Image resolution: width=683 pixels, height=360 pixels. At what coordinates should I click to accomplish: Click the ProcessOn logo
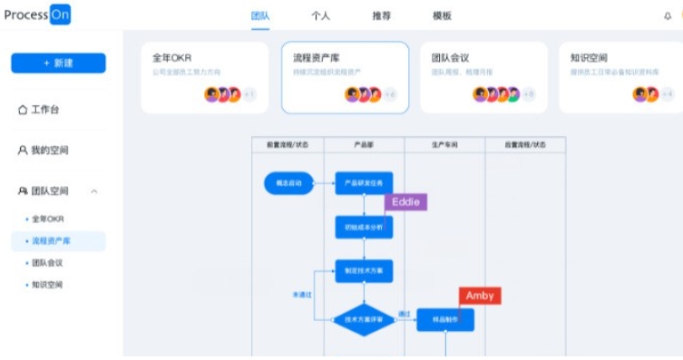coord(36,15)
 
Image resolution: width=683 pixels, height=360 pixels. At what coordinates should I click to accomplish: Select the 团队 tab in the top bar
coord(260,15)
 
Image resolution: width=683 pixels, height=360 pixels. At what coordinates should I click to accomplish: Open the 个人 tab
coord(320,15)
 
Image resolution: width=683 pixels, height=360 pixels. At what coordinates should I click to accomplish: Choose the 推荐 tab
coord(382,15)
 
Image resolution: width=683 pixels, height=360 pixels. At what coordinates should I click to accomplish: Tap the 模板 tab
coord(442,15)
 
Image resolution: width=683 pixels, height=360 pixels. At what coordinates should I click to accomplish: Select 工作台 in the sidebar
coord(45,110)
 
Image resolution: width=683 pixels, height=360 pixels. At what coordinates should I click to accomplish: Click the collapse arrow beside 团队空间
coord(94,191)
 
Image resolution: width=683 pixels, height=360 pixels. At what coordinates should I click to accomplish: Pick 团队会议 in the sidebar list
coord(47,263)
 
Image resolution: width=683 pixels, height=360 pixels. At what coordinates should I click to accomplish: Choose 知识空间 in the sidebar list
coord(47,285)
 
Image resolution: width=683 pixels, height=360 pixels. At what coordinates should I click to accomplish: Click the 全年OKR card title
coord(172,58)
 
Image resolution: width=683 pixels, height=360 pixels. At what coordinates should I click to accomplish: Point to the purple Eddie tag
coord(405,202)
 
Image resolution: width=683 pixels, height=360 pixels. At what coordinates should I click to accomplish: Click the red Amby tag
coord(480,296)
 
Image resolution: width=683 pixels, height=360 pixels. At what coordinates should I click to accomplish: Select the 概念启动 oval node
coord(288,183)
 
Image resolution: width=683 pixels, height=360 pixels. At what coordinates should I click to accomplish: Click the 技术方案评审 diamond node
coord(364,319)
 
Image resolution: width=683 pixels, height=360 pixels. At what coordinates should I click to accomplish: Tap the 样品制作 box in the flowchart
coord(444,319)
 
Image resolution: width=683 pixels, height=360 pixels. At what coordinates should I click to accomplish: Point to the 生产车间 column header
coord(444,144)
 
